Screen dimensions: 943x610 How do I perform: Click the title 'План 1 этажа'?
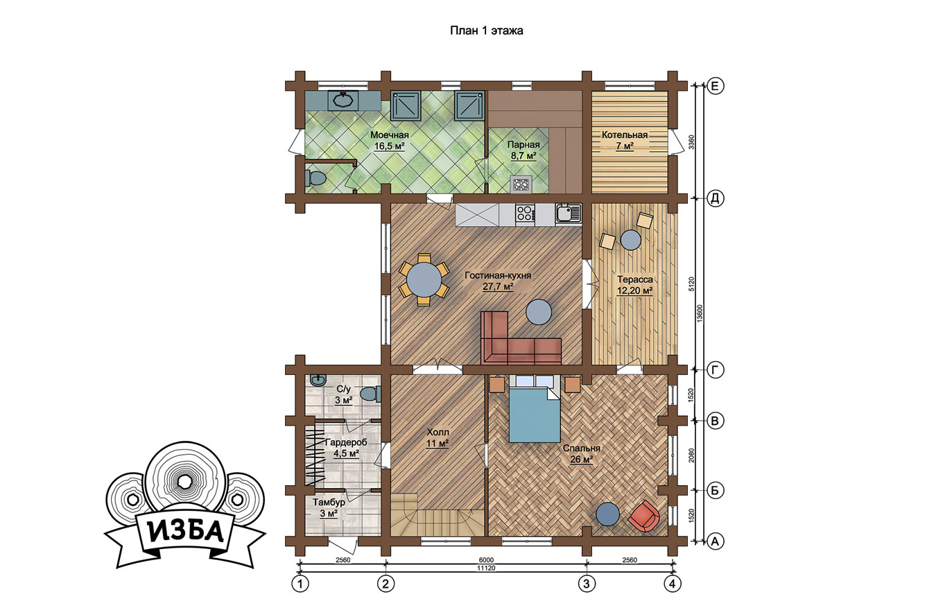486,31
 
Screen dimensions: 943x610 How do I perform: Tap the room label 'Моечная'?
390,134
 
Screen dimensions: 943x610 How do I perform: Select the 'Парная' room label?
524,144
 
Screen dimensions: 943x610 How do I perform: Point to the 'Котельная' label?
624,134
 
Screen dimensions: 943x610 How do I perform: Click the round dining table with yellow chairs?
424,279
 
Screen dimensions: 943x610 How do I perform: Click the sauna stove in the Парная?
521,184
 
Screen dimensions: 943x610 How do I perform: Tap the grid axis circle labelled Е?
714,86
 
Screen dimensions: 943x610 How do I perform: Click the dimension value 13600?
699,313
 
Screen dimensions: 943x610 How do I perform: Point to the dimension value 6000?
486,560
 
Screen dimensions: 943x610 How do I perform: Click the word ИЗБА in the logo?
186,532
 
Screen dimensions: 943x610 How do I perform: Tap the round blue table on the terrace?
631,240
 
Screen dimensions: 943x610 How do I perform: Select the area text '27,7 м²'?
498,287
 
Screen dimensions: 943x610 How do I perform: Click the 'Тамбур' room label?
329,503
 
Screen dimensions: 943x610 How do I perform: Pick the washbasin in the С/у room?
318,380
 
